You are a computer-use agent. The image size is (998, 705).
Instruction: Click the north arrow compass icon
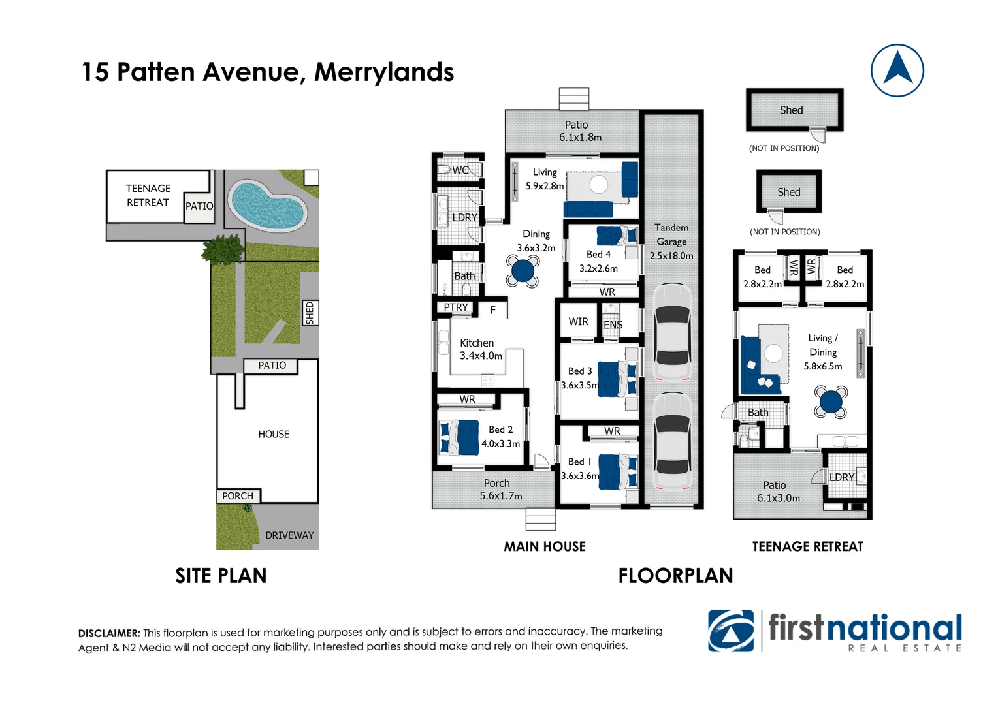[897, 70]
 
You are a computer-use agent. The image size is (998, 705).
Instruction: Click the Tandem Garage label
[671, 242]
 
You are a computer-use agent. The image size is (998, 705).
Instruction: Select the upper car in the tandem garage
[672, 332]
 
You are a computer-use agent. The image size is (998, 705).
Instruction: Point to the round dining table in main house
[523, 270]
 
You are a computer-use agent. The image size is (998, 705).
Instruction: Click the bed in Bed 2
[460, 437]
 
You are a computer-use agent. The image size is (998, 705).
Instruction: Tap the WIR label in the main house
[578, 322]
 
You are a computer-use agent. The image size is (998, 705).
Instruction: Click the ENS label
[613, 325]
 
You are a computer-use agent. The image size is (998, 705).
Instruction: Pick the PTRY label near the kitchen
[456, 307]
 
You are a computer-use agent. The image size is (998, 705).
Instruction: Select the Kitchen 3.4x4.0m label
[481, 349]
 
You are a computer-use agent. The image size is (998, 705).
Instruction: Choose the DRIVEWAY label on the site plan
[289, 535]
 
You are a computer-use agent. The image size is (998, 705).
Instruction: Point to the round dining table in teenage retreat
[831, 401]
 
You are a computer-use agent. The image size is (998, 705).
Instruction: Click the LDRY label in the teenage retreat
[842, 477]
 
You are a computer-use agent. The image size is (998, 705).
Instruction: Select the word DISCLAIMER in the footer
[109, 633]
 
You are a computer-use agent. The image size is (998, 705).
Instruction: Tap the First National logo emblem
[731, 631]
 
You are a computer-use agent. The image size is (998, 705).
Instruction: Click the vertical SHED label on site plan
[310, 313]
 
